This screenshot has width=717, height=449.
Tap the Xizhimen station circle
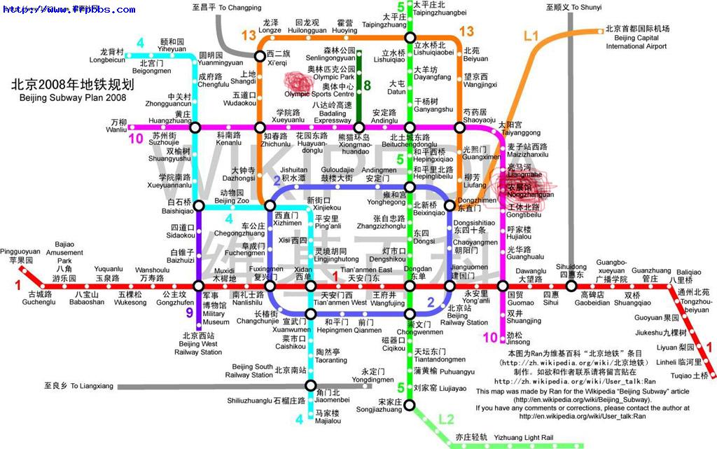click(x=270, y=206)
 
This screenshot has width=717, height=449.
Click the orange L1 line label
click(x=531, y=36)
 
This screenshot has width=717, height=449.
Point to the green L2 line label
click(x=446, y=420)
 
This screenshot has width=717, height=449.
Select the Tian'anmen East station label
click(x=366, y=274)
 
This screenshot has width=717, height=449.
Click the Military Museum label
click(x=215, y=314)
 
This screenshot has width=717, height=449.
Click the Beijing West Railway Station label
click(x=200, y=344)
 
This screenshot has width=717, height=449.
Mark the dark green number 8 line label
click(x=366, y=86)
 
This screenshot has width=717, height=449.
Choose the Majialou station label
click(x=327, y=417)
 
